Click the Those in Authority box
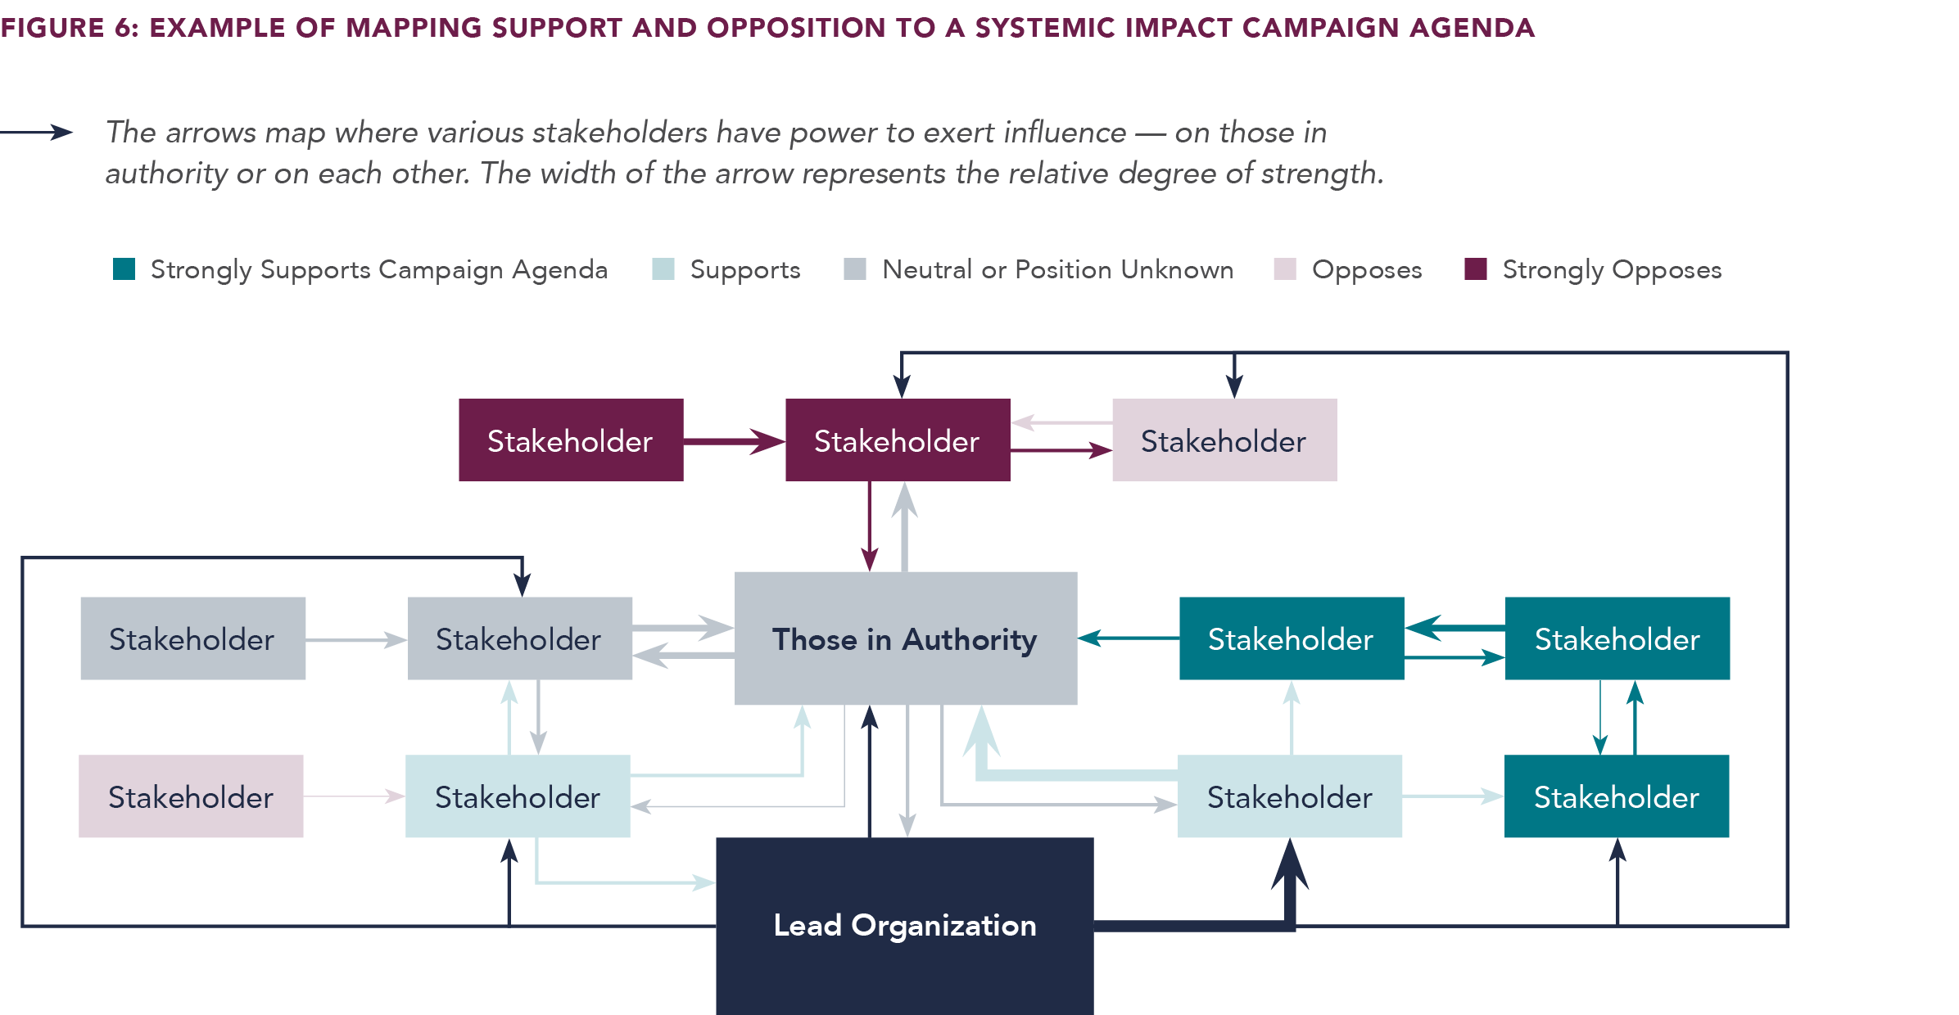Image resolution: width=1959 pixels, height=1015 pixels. tap(905, 638)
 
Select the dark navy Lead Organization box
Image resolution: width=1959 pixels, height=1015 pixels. tap(904, 925)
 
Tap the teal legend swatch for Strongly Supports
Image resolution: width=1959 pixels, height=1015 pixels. tap(124, 269)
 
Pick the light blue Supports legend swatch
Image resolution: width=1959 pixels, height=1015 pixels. tap(663, 269)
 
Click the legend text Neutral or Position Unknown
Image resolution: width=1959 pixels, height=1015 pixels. tap(1057, 269)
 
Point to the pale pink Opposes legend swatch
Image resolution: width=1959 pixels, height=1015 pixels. tap(1284, 269)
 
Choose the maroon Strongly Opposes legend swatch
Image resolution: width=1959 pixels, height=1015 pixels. tap(1475, 269)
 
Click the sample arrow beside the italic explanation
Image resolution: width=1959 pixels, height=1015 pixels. tap(38, 132)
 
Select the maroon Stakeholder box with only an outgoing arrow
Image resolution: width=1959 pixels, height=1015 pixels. tap(571, 440)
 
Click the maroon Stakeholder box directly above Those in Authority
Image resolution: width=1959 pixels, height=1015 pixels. tap(897, 440)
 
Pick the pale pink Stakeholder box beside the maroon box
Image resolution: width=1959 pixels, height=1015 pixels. tap(1224, 440)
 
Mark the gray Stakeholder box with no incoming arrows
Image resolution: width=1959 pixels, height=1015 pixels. tap(192, 638)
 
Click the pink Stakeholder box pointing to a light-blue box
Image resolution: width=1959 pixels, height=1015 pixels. tap(191, 796)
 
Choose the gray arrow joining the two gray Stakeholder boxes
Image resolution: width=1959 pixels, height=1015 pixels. tap(356, 639)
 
